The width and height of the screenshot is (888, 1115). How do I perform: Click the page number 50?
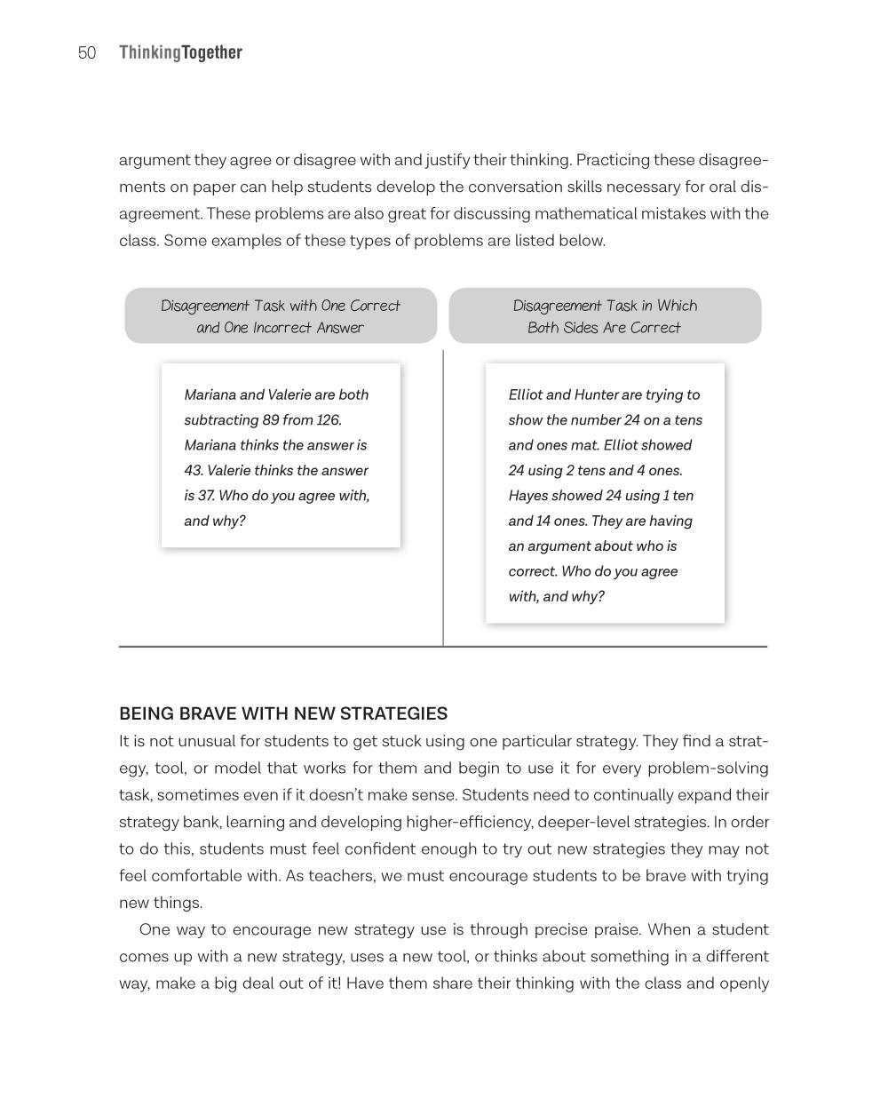87,53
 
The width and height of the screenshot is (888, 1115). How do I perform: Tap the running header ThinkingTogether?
180,53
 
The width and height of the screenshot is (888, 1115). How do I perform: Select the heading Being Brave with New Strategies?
283,713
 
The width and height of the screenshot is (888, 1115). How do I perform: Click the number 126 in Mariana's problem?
328,420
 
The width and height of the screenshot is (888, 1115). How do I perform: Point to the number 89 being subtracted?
271,420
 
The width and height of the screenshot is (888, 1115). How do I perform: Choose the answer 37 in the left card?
204,496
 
